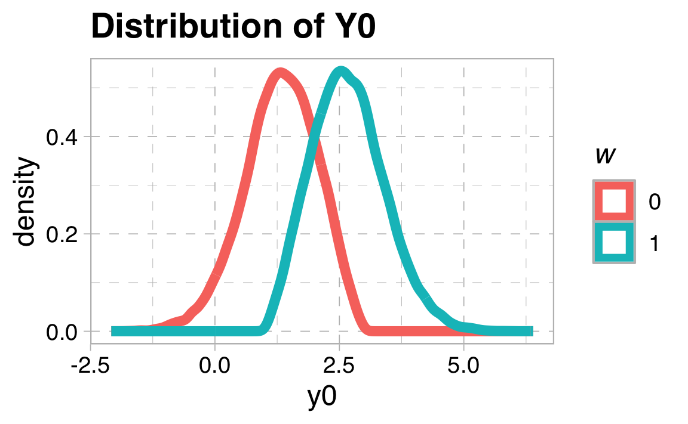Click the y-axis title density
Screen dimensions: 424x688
click(x=26, y=201)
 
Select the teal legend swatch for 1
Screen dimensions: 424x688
click(x=614, y=242)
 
